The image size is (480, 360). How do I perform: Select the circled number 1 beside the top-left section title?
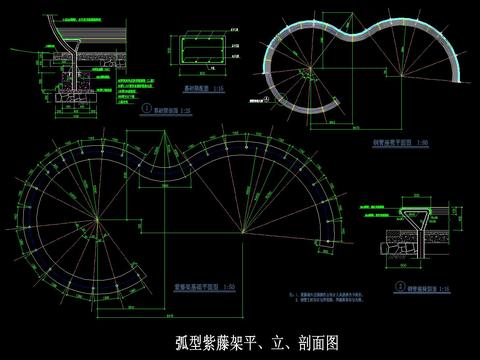point(147,110)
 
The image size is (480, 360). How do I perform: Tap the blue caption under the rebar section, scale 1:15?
point(204,88)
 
